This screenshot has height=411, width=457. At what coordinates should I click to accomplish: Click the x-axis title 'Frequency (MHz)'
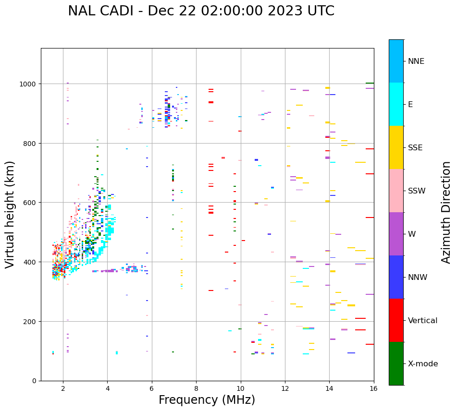click(x=207, y=400)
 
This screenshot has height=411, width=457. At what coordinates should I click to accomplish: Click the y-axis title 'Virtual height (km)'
click(x=10, y=215)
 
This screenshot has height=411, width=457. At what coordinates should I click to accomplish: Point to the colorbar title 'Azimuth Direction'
click(x=446, y=212)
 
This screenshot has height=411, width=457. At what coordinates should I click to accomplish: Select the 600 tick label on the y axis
click(x=31, y=203)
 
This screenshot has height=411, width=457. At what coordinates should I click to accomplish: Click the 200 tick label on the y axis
click(x=31, y=321)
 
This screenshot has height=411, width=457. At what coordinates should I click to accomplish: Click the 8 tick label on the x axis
click(x=196, y=389)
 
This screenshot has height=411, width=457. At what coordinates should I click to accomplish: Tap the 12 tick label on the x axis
click(x=285, y=389)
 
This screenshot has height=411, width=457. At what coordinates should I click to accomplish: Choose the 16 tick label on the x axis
click(x=373, y=389)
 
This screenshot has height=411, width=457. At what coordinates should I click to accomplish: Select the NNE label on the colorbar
click(x=416, y=61)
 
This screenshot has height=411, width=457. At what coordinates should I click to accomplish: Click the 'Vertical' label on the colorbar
click(x=423, y=320)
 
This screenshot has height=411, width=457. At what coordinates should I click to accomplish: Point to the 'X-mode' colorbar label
click(x=423, y=363)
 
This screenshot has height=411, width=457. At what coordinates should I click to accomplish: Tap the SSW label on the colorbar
click(x=417, y=191)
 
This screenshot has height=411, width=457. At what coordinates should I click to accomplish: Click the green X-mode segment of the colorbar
click(x=396, y=363)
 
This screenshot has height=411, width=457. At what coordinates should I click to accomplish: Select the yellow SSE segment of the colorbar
click(x=396, y=147)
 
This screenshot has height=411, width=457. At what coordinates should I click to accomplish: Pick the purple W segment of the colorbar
click(x=396, y=234)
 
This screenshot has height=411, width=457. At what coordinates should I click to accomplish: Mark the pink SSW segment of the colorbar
click(x=396, y=191)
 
